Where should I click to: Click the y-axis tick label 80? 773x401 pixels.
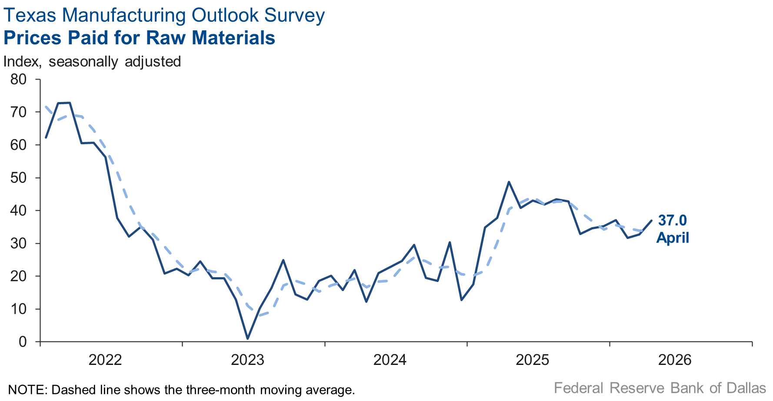18,80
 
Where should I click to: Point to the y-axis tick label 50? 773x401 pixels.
18,178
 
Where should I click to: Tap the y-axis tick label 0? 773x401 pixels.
23,342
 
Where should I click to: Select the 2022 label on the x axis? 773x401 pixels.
105,360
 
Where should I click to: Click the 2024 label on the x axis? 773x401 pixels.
390,360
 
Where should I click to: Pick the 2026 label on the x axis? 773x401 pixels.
675,360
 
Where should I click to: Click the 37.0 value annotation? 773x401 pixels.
672,220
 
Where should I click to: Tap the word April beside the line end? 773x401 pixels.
673,238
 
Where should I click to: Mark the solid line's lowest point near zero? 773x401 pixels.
247,338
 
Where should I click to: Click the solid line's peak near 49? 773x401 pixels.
509,182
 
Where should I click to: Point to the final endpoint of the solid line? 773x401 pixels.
651,220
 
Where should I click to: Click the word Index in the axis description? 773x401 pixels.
22,62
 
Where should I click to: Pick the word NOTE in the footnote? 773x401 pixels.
27,389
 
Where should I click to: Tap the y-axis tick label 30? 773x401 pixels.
18,243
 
